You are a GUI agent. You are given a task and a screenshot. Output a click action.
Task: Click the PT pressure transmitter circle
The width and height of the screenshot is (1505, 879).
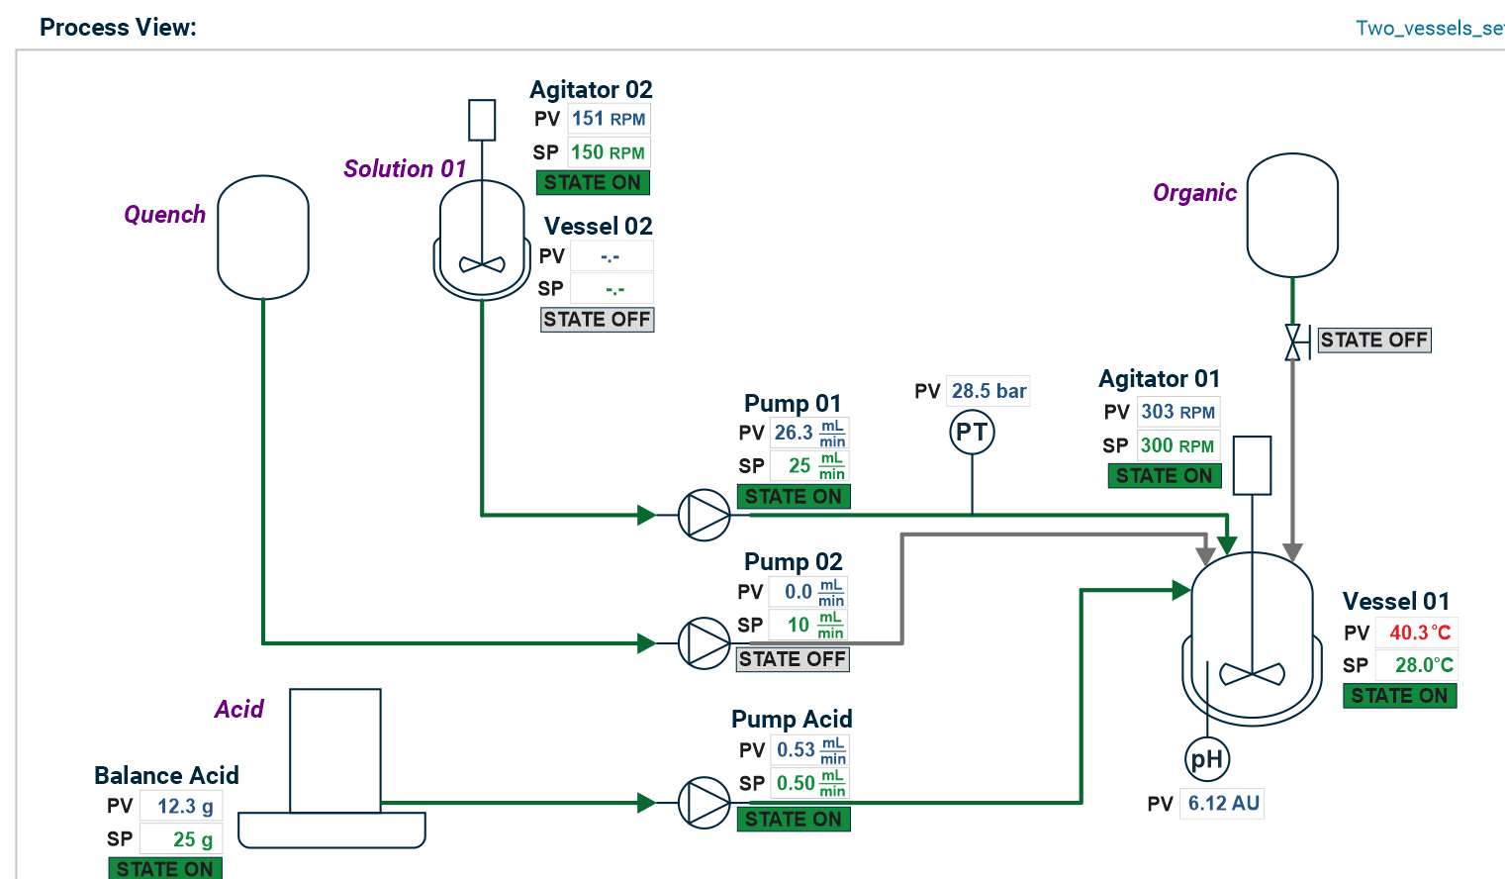972,433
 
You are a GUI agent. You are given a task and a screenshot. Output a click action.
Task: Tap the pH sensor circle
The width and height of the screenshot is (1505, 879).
1207,759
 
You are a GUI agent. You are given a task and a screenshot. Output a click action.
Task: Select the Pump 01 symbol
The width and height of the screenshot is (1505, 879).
705,515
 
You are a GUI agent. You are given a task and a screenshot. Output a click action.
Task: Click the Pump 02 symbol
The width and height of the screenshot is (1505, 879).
705,643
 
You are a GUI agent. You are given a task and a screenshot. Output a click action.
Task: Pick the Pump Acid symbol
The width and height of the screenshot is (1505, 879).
705,803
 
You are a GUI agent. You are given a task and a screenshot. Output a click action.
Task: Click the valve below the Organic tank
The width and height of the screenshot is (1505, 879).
1292,342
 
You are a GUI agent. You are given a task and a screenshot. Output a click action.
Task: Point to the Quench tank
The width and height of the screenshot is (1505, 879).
263,238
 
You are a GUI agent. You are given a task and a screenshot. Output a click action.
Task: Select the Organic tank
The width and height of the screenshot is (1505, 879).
1292,215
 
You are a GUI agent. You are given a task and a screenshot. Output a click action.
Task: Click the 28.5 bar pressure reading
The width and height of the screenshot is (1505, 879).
988,391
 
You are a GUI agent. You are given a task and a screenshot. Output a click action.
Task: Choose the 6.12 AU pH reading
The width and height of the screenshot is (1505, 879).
1223,803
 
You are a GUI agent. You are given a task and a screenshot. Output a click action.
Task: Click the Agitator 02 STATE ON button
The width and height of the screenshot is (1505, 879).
593,183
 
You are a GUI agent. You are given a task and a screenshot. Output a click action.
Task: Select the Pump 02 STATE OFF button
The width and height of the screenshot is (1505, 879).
793,659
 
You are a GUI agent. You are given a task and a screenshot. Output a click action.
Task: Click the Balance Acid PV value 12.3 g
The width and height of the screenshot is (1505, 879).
184,807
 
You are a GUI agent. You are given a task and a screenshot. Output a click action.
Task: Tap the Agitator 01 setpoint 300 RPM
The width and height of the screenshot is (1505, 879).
1176,445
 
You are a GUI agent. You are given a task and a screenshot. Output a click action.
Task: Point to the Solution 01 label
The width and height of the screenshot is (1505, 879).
405,169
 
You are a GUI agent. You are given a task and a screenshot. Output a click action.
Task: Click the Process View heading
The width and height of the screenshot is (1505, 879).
118,28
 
